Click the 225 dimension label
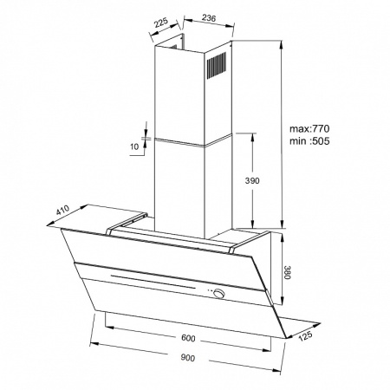pos(161,23)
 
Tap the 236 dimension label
pos(209,18)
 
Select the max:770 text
pos(309,128)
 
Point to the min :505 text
pos(309,141)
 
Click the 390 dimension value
pos(252,181)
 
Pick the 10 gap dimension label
pos(134,146)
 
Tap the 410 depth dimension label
pos(62,210)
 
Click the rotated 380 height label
pos(286,272)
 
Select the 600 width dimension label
pos(188,338)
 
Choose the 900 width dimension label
pos(188,358)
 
